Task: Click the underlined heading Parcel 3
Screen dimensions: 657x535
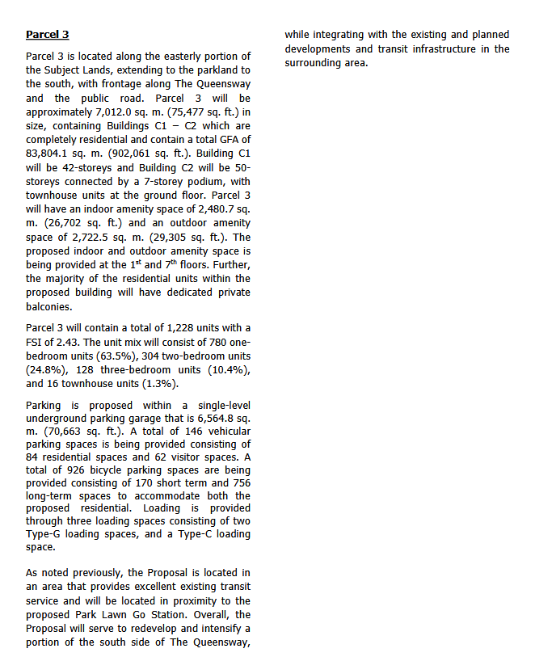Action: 47,35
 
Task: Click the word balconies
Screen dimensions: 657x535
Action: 50,306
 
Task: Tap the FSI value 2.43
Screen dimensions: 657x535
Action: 57,342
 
